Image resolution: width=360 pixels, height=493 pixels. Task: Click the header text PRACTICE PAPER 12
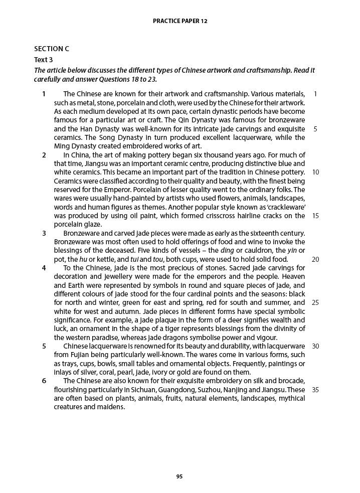pos(179,21)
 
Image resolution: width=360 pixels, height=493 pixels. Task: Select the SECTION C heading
pos(51,49)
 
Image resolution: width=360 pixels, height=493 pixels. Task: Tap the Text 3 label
pos(43,60)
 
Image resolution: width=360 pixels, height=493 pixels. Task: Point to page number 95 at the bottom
pos(179,476)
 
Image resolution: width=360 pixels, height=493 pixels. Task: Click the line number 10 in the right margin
pos(315,172)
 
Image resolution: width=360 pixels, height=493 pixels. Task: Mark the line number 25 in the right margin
pos(315,302)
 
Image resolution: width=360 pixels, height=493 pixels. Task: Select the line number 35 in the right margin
pos(315,390)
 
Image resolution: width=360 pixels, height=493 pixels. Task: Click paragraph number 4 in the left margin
pos(44,268)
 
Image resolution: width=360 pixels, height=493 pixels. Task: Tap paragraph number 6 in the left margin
pos(44,381)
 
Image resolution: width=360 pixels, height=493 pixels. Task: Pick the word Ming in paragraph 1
pos(62,146)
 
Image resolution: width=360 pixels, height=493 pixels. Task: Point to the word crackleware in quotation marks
pos(286,207)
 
